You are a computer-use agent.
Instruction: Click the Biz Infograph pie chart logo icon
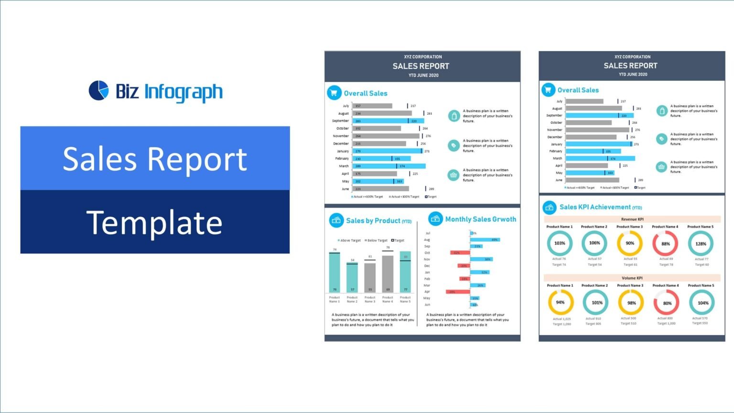point(99,90)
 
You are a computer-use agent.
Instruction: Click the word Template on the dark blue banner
point(154,222)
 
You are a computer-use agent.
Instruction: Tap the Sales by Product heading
point(378,221)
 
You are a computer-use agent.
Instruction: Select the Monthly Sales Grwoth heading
point(480,219)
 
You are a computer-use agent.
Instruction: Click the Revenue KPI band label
point(632,219)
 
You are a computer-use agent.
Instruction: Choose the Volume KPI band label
point(632,278)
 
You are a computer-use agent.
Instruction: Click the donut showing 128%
point(701,243)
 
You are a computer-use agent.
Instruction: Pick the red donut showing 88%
point(665,243)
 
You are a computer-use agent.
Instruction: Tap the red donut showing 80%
point(667,303)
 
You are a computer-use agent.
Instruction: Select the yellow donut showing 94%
point(560,302)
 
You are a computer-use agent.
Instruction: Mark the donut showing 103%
point(560,243)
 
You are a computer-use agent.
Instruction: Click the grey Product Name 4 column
point(388,273)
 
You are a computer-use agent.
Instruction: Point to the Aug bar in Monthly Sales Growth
point(485,239)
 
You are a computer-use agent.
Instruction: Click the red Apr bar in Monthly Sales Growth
point(458,292)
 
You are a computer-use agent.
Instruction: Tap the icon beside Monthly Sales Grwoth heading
point(435,219)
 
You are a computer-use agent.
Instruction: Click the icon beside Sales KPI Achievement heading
point(550,207)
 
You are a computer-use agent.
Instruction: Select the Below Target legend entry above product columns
point(376,240)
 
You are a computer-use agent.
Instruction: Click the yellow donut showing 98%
point(631,303)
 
